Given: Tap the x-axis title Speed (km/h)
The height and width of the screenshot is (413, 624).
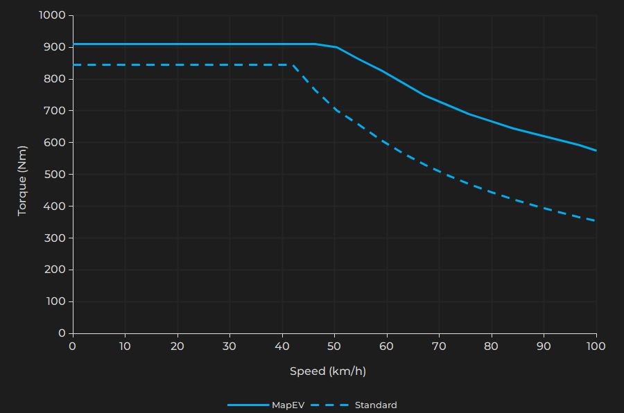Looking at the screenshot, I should pyautogui.click(x=327, y=371).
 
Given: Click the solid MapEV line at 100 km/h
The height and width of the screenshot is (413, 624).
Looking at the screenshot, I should pyautogui.click(x=596, y=150).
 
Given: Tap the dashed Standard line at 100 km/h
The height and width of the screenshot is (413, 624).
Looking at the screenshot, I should pyautogui.click(x=596, y=220).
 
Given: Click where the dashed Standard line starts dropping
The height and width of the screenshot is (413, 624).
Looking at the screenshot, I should pyautogui.click(x=293, y=65).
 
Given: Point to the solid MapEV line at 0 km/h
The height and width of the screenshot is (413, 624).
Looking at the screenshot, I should pyautogui.click(x=73, y=44).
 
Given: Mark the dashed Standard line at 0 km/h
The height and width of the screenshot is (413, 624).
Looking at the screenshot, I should pyautogui.click(x=73, y=64).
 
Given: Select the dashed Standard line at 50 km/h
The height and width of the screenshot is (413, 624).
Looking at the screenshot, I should pyautogui.click(x=334, y=109).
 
